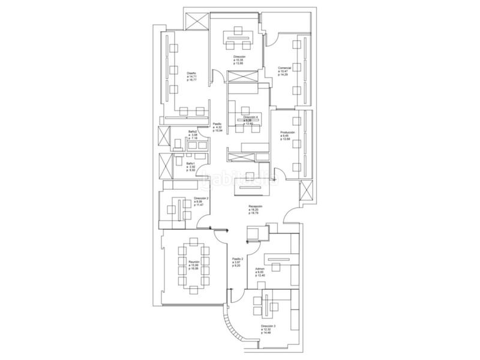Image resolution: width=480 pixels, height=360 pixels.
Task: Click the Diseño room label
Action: tap(191, 72)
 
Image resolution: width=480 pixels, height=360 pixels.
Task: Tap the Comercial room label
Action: tap(284, 68)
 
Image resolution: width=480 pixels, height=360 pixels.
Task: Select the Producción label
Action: tap(287, 132)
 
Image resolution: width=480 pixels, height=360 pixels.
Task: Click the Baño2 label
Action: tap(192, 131)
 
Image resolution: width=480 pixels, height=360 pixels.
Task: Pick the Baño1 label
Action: tap(190, 163)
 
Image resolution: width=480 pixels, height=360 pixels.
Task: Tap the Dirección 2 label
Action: tap(201, 197)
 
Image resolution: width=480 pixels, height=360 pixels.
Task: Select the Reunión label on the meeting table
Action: tap(193, 262)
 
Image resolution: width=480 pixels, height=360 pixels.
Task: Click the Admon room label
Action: tap(260, 269)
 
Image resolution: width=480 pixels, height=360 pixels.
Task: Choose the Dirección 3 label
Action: tap(268, 326)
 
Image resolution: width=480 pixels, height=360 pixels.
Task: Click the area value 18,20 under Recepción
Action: tap(256, 209)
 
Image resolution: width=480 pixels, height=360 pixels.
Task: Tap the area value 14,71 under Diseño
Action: tap(192, 76)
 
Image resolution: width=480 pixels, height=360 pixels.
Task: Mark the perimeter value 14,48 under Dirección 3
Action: tap(267, 334)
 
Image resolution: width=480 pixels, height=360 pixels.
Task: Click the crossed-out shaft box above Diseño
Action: tap(196, 22)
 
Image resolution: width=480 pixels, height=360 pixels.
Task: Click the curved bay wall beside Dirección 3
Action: tap(231, 330)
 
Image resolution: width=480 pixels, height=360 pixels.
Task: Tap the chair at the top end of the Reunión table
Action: tap(193, 241)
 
